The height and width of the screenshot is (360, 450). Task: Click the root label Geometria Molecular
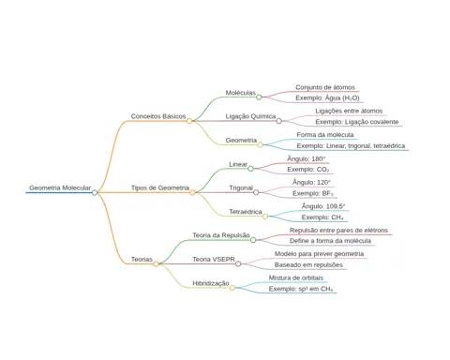point(60,187)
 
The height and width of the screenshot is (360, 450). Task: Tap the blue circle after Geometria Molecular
point(95,193)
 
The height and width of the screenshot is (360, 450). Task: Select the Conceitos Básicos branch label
point(158,116)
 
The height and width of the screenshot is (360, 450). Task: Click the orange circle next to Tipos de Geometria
point(192,192)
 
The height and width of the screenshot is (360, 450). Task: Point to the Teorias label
point(142,259)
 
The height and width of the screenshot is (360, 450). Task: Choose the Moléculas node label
point(241,93)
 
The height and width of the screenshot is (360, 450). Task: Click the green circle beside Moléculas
point(259,97)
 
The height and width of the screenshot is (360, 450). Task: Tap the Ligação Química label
point(250,116)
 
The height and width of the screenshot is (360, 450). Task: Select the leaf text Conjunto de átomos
point(325,87)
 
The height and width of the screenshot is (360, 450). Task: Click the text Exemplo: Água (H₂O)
point(327,97)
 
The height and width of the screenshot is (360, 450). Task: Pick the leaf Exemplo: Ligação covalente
point(357,122)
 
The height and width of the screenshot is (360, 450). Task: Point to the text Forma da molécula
point(325,135)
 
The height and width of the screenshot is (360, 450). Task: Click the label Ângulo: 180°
point(307,158)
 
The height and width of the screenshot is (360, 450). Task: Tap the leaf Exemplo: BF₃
point(313,193)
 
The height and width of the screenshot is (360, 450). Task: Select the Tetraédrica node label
point(246,212)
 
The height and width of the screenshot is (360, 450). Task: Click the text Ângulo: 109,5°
point(323,206)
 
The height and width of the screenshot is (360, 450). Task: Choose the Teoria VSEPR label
point(214,259)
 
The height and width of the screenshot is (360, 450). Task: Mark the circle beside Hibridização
point(232,288)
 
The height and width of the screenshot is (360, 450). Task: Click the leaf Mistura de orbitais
point(296,277)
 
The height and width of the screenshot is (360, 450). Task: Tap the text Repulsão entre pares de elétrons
point(338,231)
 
